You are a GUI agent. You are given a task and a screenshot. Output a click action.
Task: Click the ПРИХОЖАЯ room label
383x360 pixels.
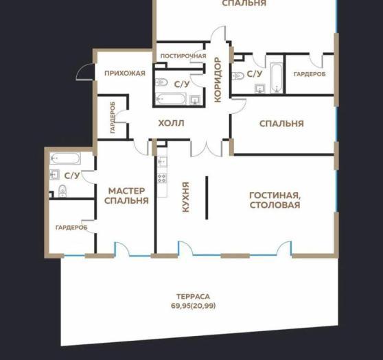tap(125, 73)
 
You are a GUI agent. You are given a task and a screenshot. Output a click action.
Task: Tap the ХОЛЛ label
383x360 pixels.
tap(171, 123)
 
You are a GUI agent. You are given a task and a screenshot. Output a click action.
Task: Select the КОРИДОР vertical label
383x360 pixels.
tap(218, 80)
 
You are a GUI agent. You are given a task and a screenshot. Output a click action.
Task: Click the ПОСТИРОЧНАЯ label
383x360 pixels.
tap(183, 56)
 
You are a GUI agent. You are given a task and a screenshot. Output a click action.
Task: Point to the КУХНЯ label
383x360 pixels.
tap(186, 197)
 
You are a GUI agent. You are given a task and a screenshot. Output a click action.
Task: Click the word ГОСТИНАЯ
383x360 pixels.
tap(275, 195)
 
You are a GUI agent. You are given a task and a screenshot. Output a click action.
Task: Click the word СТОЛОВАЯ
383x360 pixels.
tap(275, 205)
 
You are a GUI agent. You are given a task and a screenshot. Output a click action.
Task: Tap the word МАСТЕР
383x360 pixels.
tap(126, 191)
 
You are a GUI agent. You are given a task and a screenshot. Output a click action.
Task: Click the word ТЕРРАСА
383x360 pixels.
tap(193, 296)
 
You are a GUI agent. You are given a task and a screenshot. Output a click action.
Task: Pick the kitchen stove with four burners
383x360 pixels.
tap(162, 178)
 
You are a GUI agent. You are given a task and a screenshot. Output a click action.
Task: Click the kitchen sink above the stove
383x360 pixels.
tap(162, 161)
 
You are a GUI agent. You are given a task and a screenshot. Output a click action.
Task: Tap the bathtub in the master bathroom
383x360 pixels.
tap(65, 158)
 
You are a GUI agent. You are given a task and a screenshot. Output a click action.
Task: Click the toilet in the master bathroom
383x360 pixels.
tap(62, 191)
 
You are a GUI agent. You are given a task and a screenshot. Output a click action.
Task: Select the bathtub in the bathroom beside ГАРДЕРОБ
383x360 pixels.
tap(277, 78)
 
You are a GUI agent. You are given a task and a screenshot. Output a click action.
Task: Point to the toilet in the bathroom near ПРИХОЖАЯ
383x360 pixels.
tap(161, 82)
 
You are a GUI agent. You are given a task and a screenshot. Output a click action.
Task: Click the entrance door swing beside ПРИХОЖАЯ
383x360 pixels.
tap(84, 72)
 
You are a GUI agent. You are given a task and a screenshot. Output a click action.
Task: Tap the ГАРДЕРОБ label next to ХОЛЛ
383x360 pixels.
tap(113, 117)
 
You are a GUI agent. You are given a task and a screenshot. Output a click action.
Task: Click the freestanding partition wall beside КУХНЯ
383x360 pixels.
tap(207, 197)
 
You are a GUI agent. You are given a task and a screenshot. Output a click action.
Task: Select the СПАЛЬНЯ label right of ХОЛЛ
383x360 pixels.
tap(281, 123)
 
